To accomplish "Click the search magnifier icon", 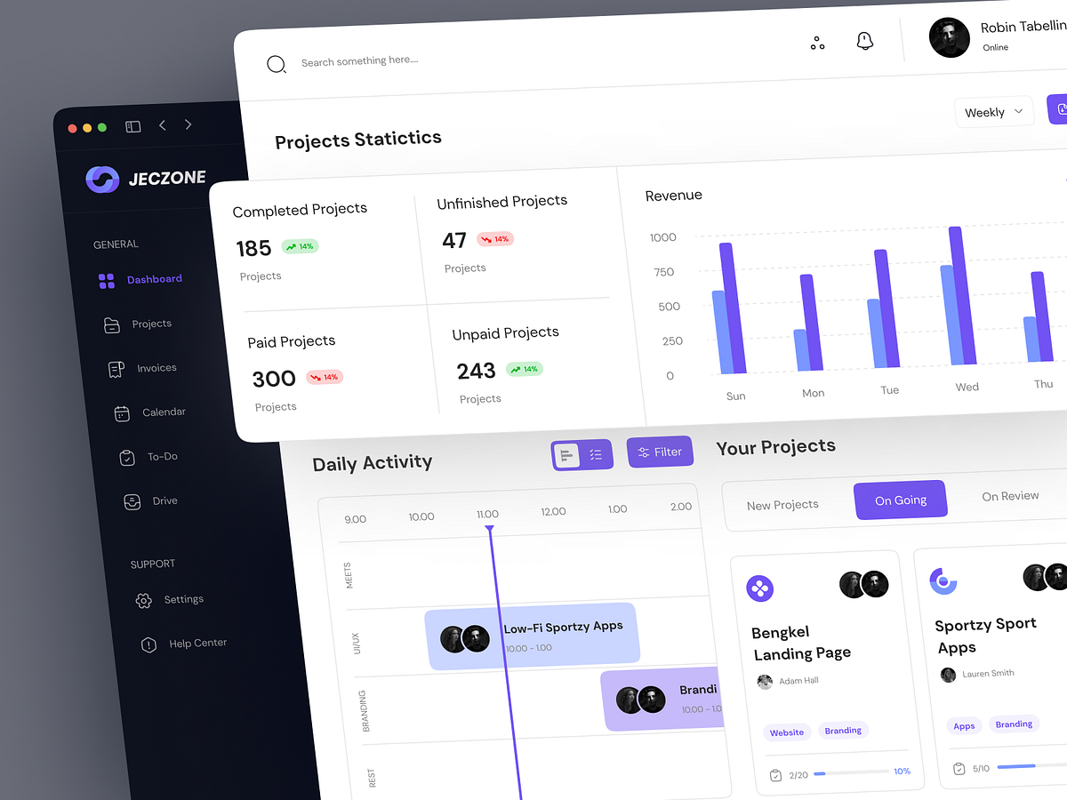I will [x=277, y=64].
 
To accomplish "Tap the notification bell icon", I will [x=864, y=41].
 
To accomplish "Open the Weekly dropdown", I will [x=993, y=112].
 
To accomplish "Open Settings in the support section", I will [x=169, y=600].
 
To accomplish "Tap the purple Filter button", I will [x=660, y=452].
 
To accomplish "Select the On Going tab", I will [x=900, y=500].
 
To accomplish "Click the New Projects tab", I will [x=782, y=505].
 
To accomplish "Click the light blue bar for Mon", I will [x=801, y=350].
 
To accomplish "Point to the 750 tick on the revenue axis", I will [x=663, y=272].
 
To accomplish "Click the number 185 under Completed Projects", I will [x=253, y=249].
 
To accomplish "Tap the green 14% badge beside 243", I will [x=524, y=369].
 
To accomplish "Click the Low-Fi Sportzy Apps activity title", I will [x=563, y=627].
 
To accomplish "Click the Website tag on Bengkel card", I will [x=786, y=732].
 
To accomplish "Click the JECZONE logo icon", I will [x=101, y=180].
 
